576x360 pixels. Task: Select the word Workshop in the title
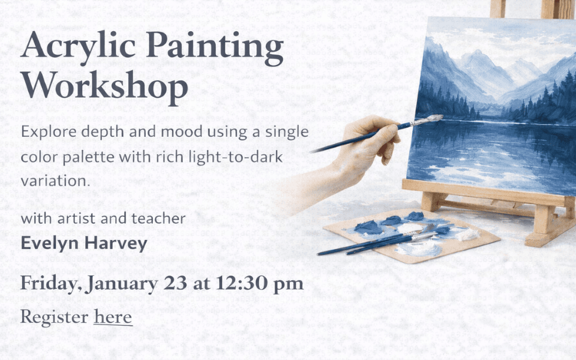tap(104, 88)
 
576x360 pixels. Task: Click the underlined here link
tap(113, 316)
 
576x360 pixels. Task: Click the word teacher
tap(157, 218)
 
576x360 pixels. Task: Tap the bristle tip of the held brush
tap(431, 119)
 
